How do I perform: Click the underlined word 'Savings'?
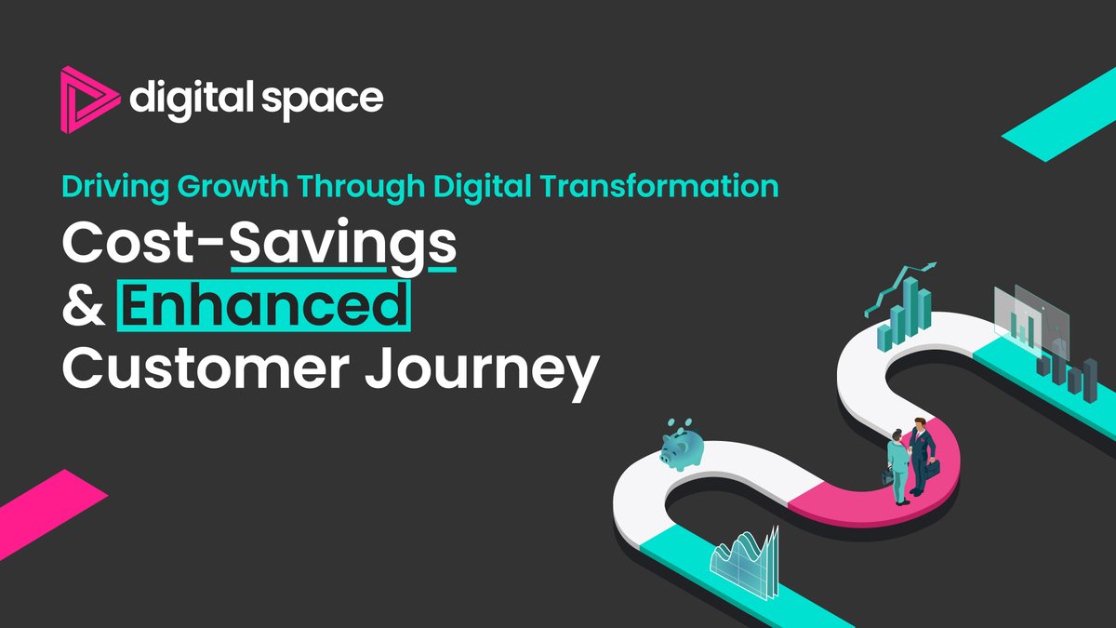click(341, 247)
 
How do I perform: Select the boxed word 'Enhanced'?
click(263, 308)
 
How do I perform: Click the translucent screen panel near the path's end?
click(1029, 316)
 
